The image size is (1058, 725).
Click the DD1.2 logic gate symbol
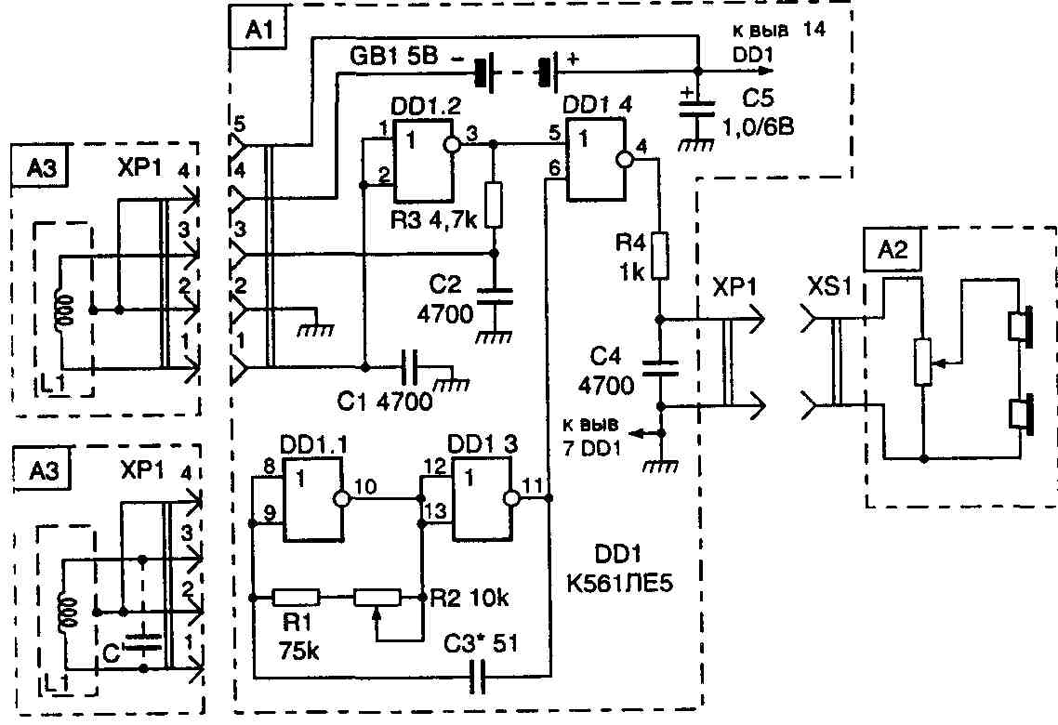[423, 163]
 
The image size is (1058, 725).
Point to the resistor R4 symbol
[658, 256]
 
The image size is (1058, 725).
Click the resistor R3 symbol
[494, 206]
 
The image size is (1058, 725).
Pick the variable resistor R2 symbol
[377, 597]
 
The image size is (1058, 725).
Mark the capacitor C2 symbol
[493, 295]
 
